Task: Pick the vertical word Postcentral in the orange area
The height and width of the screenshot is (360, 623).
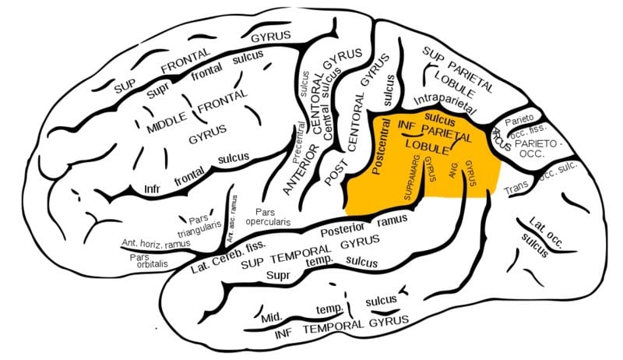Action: point(381,153)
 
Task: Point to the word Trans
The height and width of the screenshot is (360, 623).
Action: point(516,189)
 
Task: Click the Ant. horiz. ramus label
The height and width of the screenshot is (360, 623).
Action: point(156,243)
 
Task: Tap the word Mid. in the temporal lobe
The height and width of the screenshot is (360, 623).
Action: point(271,317)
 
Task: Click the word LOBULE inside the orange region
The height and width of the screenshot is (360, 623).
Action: point(426,146)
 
